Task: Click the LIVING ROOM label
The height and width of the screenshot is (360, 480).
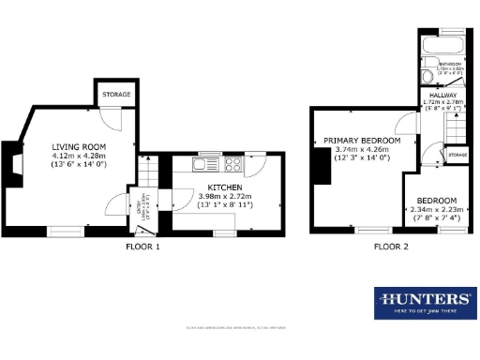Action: (x=79, y=147)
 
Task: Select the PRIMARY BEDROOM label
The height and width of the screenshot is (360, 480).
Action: (x=362, y=140)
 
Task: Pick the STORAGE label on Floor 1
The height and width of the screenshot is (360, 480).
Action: (x=117, y=95)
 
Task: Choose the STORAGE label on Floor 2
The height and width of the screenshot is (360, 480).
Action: (x=457, y=154)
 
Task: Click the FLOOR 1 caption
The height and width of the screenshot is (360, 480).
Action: (x=142, y=247)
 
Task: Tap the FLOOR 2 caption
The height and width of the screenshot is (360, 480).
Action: (x=391, y=247)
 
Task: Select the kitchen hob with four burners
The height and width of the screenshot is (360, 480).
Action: (x=231, y=166)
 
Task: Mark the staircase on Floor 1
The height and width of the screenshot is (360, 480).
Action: (x=149, y=174)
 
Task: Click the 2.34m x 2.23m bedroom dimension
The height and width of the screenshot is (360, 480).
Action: (x=438, y=209)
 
